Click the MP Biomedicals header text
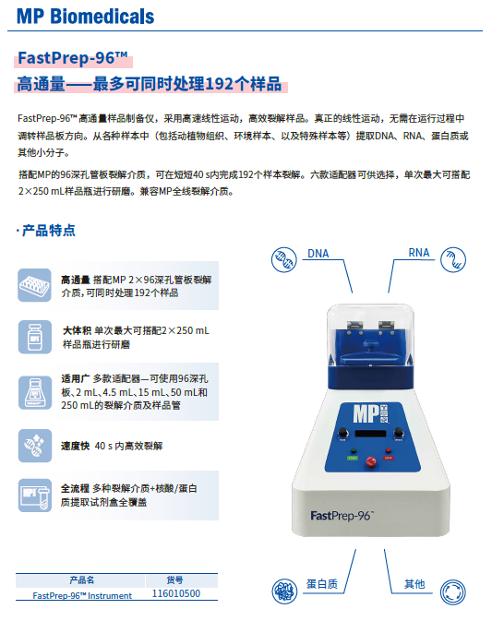click(x=85, y=17)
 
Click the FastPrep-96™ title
click(x=73, y=60)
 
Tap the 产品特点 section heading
click(x=48, y=231)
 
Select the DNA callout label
click(x=318, y=254)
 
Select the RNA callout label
click(x=419, y=254)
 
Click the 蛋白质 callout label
click(x=322, y=584)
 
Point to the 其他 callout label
click(x=414, y=584)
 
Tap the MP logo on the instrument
click(x=363, y=412)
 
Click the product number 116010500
click(x=175, y=595)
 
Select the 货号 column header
click(x=175, y=581)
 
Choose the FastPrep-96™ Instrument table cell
click(x=81, y=595)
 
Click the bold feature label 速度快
click(x=75, y=447)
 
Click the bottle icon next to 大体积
click(x=35, y=336)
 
